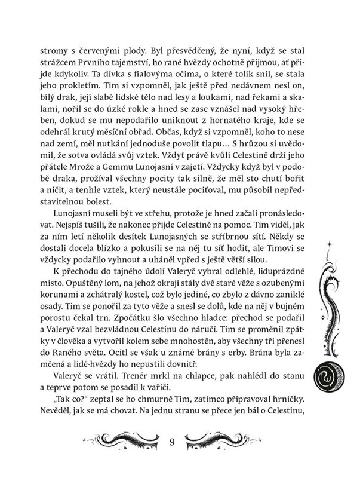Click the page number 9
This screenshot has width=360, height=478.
pyautogui.click(x=172, y=443)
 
